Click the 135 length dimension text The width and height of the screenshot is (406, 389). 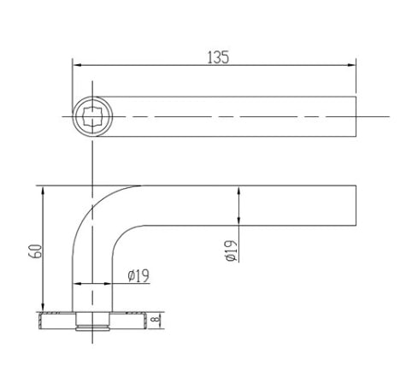pos(219,57)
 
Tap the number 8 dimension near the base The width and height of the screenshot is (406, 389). pos(156,321)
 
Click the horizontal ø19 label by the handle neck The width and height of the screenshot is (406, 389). pos(138,275)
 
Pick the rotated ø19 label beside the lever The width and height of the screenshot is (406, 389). pos(231,250)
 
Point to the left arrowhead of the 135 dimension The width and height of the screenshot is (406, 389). pos(75,65)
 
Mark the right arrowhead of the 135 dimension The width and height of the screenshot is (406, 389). pos(352,65)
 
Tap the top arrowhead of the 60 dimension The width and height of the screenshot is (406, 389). pos(41,191)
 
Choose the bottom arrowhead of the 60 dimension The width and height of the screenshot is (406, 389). pos(41,309)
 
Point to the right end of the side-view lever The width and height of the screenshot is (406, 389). pos(355,206)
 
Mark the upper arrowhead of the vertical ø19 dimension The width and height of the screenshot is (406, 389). pos(238,191)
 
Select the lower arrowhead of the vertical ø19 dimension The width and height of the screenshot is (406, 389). pos(238,223)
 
